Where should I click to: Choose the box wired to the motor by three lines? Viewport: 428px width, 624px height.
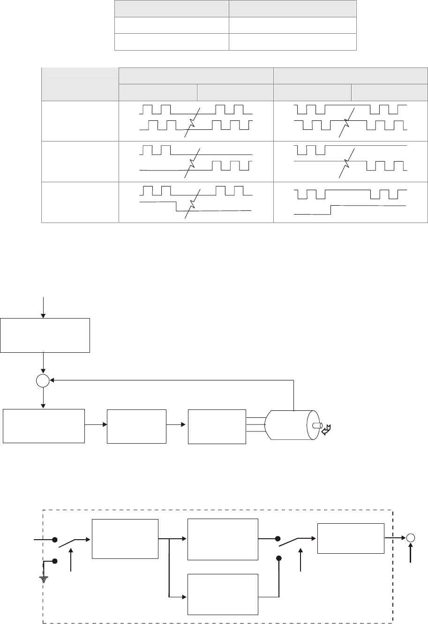coord(217,426)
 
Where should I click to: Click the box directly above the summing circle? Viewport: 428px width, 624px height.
coord(45,335)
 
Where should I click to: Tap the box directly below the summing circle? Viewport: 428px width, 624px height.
coord(44,425)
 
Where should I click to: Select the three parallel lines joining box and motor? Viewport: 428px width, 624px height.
coord(255,425)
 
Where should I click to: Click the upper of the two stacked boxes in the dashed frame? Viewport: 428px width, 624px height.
coord(223,539)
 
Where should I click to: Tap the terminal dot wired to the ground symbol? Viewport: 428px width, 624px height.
coord(55,561)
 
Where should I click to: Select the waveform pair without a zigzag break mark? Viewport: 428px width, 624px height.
coord(350,201)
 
